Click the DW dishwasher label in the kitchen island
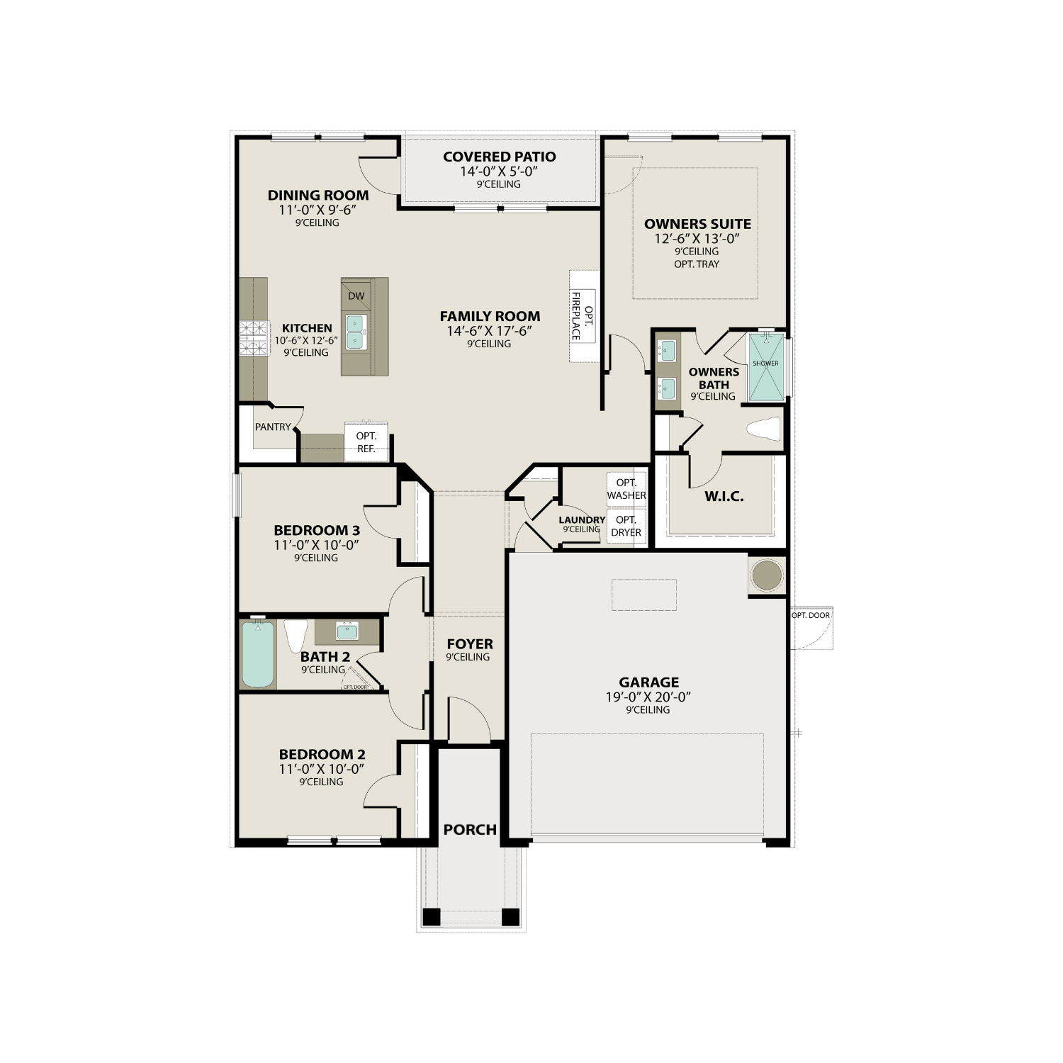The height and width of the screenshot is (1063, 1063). pos(356,296)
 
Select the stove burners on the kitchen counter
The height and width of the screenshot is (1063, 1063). pos(254,339)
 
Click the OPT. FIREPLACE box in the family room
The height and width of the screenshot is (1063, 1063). pos(583,315)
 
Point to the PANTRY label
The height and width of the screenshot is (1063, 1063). pos(273,427)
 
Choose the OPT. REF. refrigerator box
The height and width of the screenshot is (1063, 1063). pos(366,442)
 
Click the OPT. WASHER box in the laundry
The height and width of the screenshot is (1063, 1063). pos(626,489)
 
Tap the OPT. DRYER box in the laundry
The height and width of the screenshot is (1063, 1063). pos(626,527)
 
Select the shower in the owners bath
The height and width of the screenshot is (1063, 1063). pos(766,367)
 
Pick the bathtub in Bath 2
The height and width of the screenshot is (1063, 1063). pos(258,654)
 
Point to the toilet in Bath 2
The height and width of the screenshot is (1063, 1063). pos(296,634)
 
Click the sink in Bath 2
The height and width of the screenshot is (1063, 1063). pos(347,630)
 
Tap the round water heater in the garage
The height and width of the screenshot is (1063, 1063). pos(766,575)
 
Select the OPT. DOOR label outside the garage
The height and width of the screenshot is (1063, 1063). pos(810,615)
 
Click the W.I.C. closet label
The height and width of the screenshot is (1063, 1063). pos(724,496)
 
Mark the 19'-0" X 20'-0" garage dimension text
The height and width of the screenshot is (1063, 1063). pos(648,697)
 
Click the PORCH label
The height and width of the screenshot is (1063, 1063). pos(470,829)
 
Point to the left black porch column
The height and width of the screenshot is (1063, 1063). pos(431,917)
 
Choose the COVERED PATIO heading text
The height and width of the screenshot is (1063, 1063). pos(499,157)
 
